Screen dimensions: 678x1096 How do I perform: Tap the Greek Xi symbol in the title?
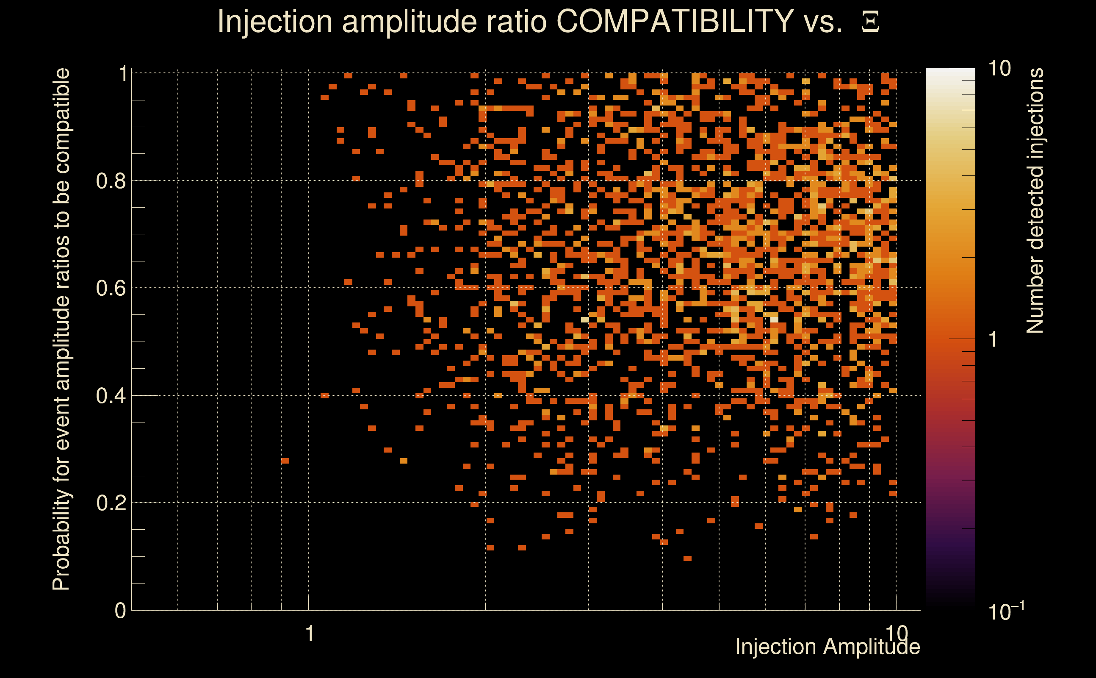coord(870,22)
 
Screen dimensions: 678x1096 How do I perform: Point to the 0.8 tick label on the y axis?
coord(111,181)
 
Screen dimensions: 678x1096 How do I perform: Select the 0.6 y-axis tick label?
coord(111,288)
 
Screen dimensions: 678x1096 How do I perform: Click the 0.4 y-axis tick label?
coord(111,396)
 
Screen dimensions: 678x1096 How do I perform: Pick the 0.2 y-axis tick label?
coord(111,503)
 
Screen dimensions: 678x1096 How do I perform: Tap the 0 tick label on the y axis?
coord(121,611)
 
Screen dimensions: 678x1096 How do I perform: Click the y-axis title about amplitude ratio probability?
coord(61,329)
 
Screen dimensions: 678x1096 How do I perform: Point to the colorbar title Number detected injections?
coord(1035,200)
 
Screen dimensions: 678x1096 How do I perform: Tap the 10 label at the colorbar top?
coord(999,69)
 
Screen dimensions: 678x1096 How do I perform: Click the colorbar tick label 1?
coord(994,339)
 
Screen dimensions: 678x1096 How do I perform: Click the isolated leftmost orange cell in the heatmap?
coord(285,461)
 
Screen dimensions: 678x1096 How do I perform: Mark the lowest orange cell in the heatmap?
coord(687,558)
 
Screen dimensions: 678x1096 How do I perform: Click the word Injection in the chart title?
coord(275,21)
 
